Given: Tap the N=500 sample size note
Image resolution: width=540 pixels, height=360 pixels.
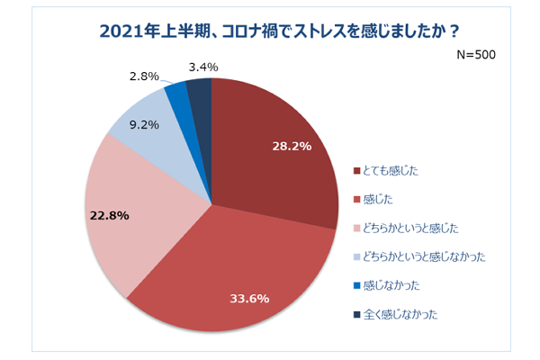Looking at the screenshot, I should (x=476, y=54).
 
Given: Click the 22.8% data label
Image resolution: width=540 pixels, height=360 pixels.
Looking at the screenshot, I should (x=109, y=216).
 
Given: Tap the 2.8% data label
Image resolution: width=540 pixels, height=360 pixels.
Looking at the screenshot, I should (x=145, y=76).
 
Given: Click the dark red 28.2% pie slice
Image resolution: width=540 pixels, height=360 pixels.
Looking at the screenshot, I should (x=279, y=162).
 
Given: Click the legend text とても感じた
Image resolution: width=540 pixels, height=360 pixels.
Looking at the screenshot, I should (x=392, y=169).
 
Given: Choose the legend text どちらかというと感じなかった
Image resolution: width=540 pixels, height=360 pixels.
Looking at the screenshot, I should (x=424, y=256).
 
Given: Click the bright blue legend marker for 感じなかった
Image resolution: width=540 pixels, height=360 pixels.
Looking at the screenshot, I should (x=357, y=285).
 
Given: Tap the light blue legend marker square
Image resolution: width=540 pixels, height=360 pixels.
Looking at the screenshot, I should (x=357, y=256).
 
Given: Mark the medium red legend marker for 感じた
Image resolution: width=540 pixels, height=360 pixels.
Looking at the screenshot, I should (x=357, y=198).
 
